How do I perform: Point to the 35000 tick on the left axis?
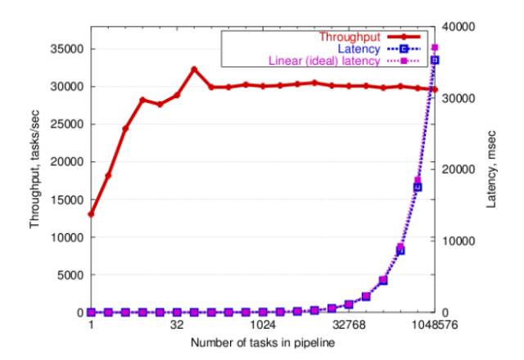(x=67, y=49)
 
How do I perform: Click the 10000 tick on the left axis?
(x=67, y=237)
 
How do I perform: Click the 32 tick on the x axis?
(x=177, y=325)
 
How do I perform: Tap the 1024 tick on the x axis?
(x=262, y=325)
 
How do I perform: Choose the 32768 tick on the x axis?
(x=348, y=325)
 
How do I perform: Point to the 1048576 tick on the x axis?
(x=435, y=325)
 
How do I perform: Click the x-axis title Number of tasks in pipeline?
(x=262, y=341)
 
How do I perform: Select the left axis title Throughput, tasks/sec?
(x=38, y=169)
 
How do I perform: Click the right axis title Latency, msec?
(x=491, y=169)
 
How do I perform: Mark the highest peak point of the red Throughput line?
(x=194, y=70)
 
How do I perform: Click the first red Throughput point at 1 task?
(x=91, y=214)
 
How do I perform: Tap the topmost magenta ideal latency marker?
(x=435, y=47)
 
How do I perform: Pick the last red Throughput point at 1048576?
(x=435, y=89)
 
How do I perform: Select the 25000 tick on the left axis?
(x=67, y=124)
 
